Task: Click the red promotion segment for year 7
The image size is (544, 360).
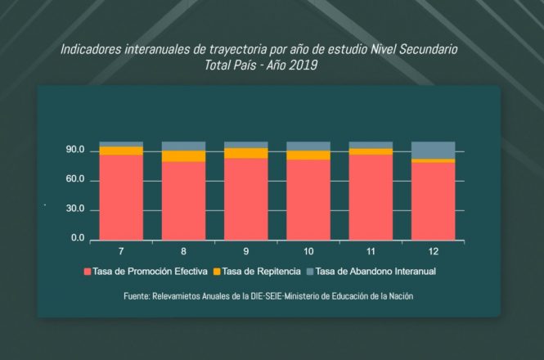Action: click(x=121, y=196)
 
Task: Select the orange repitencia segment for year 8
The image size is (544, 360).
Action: click(x=183, y=156)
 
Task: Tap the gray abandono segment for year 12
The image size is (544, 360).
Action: click(x=433, y=150)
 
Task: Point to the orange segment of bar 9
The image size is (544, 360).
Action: click(x=246, y=153)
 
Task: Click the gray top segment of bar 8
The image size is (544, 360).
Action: click(x=183, y=146)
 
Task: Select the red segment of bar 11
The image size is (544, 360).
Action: click(x=371, y=196)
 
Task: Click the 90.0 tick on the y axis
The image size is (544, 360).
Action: click(x=75, y=151)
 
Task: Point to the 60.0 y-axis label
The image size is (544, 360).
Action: click(x=75, y=179)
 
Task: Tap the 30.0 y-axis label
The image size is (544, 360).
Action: click(x=75, y=209)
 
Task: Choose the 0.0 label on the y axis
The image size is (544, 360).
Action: click(x=77, y=239)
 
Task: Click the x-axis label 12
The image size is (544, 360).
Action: click(x=433, y=250)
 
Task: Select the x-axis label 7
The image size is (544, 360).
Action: click(x=121, y=250)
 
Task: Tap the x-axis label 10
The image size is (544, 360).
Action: click(x=308, y=250)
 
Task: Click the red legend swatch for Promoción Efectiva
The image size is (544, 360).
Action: click(x=88, y=271)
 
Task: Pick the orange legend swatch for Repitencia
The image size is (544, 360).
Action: click(x=217, y=271)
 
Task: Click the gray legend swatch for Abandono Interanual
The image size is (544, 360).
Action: click(x=309, y=271)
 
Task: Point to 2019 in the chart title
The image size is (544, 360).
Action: click(x=302, y=64)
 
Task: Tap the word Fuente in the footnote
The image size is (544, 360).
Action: click(x=137, y=296)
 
